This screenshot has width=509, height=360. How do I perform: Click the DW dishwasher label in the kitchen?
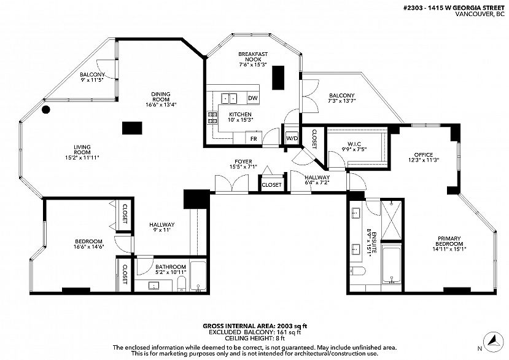click(252, 98)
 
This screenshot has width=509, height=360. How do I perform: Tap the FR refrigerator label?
click(254, 139)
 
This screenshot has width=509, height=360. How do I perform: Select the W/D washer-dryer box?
click(292, 138)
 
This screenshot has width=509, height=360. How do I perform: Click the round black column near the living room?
click(46, 109)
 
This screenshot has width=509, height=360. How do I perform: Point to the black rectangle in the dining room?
click(132, 128)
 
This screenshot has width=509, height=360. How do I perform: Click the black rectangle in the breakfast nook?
click(278, 77)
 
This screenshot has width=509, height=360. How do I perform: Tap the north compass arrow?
click(494, 342)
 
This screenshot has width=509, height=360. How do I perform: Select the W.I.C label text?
click(354, 144)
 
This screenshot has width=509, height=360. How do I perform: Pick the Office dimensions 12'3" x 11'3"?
click(424, 160)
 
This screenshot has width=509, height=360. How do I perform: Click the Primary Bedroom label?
click(449, 241)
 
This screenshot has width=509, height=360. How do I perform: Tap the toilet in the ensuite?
click(357, 270)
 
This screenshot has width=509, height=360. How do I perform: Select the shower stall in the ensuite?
click(391, 220)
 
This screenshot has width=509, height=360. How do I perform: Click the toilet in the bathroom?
click(182, 284)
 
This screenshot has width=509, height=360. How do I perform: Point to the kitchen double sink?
click(229, 98)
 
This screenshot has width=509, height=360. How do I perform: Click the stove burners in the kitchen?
click(212, 118)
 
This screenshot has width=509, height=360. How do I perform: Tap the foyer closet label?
click(272, 185)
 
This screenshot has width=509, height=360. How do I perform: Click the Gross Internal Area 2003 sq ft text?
click(255, 326)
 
